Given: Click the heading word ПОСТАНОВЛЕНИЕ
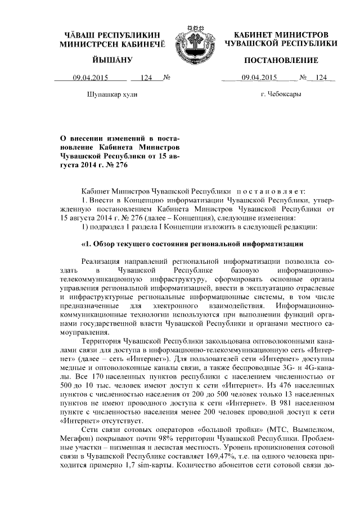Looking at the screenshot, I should pyautogui.click(x=281, y=60).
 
